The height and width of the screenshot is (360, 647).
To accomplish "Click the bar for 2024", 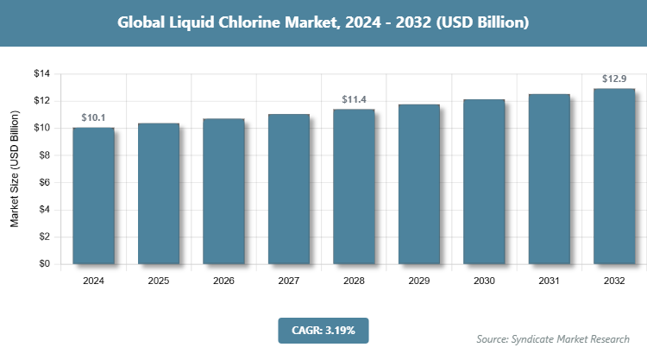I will pos(93,195).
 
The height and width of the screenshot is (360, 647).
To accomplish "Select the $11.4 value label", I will pos(354,99).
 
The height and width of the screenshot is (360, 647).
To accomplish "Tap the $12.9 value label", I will pos(614,79).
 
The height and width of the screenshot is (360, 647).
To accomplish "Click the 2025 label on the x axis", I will pos(159,281).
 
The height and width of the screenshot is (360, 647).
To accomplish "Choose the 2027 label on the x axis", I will pos(289,281).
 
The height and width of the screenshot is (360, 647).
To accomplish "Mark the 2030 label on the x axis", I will pos(484,281).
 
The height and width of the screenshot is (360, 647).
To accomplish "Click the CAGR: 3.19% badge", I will pos(323,330).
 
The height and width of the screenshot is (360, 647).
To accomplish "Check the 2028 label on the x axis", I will pos(354,281).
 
